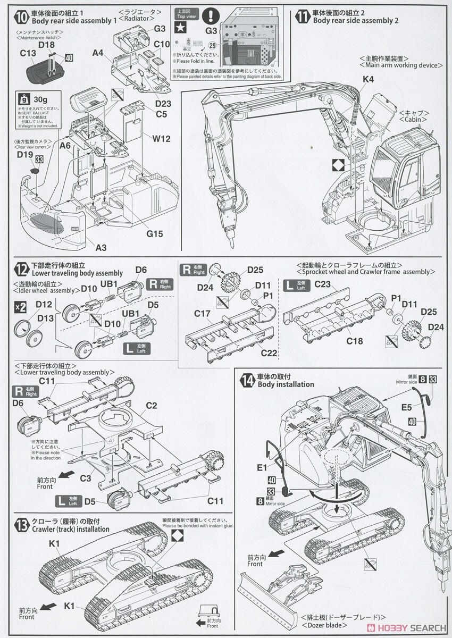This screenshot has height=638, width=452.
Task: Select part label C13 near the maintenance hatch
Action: [28, 53]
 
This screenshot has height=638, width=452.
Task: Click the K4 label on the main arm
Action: [369, 79]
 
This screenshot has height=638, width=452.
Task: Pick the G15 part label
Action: [155, 233]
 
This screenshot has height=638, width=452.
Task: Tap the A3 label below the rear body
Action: [101, 248]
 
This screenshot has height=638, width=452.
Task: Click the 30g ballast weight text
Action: [40, 99]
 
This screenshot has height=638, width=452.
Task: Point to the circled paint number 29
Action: [213, 46]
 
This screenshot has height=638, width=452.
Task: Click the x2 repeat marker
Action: [20, 307]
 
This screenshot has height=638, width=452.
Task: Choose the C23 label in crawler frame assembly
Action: [322, 284]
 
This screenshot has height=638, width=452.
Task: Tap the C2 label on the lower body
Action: [152, 406]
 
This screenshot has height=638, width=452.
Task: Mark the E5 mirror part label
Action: [407, 408]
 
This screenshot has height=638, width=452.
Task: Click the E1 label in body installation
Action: [262, 468]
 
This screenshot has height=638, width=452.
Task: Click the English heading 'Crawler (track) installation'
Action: [70, 529]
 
